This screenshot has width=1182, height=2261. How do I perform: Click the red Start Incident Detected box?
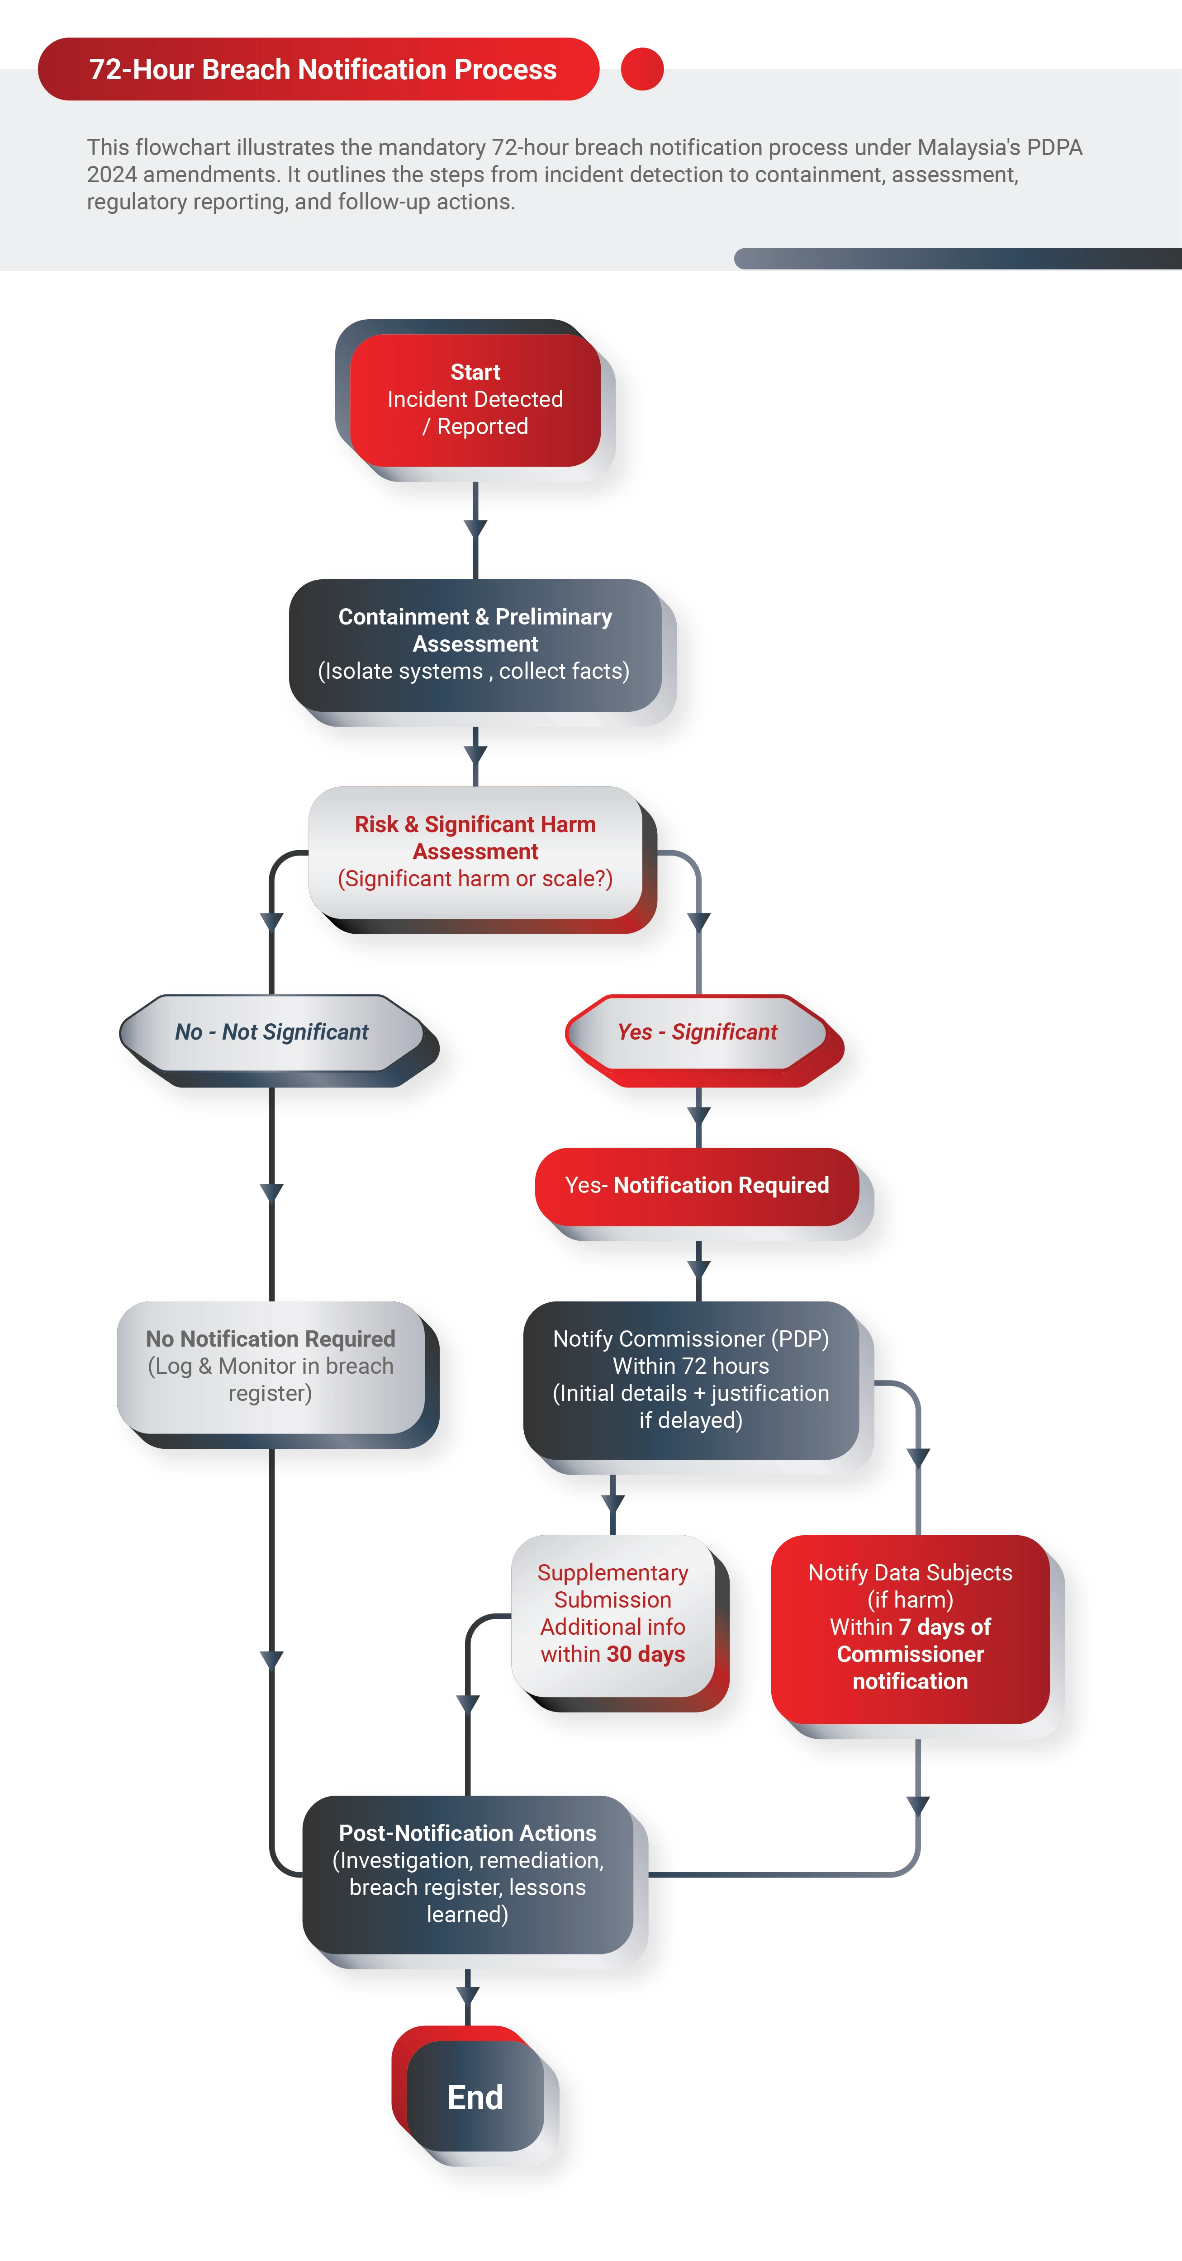tap(475, 399)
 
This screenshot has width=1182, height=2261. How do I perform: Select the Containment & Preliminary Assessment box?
tap(475, 644)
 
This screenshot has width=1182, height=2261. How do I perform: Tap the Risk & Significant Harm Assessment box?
tap(475, 851)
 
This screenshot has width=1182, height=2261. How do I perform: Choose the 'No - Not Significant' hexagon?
tap(271, 1032)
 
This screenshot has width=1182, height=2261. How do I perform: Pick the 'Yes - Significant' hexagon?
tap(697, 1032)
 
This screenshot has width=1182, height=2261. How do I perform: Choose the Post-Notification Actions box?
tap(467, 1874)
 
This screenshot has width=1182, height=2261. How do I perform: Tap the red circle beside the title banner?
tap(642, 68)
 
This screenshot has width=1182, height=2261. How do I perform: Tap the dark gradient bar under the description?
tap(957, 258)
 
